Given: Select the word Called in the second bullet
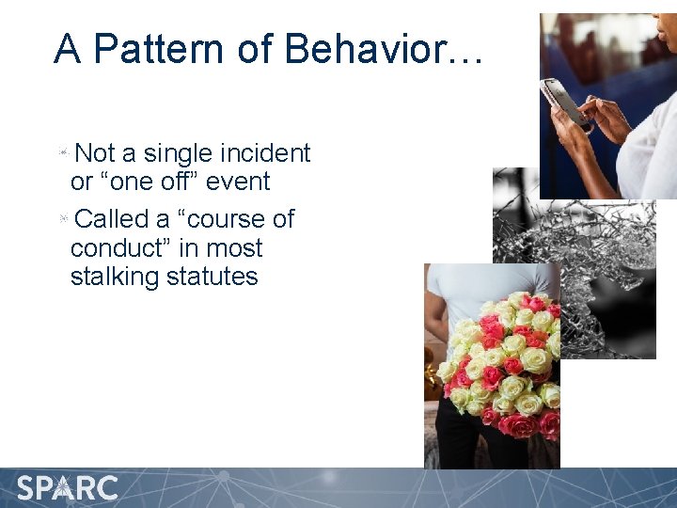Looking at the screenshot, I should coord(112,219).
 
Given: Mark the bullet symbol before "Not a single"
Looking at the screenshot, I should coord(62,151).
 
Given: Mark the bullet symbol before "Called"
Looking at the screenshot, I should coord(62,218).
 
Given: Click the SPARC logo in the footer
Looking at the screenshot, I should coord(68,488).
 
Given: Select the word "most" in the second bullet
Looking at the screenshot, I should coord(235,248).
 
